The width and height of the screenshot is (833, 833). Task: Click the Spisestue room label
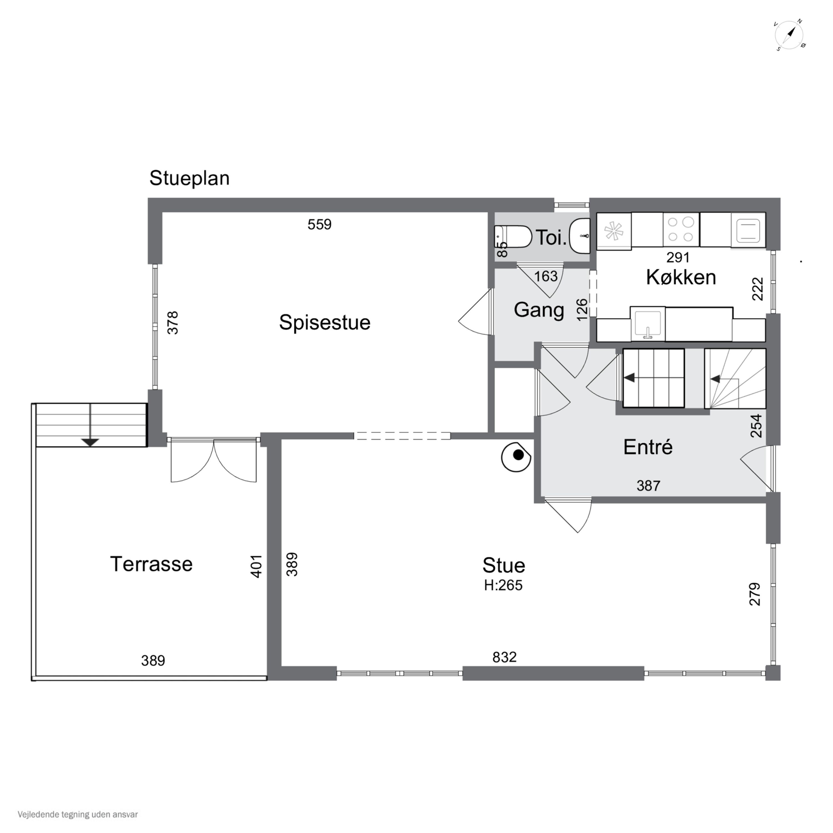(324, 322)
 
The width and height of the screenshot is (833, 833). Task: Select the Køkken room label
(681, 277)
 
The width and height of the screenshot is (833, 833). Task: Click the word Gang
(539, 310)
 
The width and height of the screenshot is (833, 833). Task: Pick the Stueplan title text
(189, 178)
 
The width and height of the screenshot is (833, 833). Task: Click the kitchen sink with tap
(647, 323)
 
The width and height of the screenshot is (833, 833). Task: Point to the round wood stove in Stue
(516, 456)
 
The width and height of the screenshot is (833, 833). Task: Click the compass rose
(789, 35)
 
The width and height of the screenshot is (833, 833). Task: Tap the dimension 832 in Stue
(505, 657)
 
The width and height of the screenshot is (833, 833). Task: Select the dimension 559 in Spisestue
(320, 225)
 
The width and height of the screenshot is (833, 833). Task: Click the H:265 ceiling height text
(503, 586)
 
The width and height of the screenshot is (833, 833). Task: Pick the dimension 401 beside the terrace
(256, 566)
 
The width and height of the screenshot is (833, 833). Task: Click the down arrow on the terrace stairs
(90, 442)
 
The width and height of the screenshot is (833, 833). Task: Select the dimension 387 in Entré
(648, 486)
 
